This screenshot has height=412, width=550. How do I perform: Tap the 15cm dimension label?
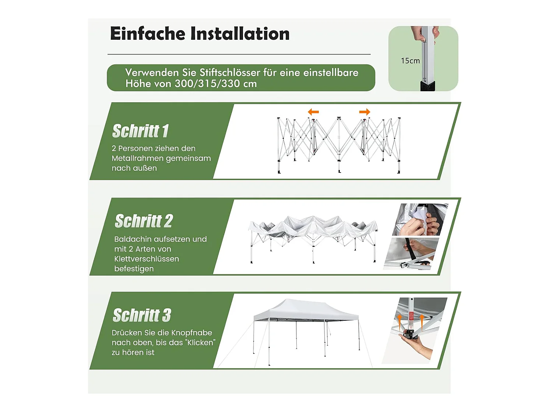(x=410, y=61)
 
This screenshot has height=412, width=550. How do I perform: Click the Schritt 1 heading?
(x=140, y=131)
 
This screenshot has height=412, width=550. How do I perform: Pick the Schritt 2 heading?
(x=144, y=221)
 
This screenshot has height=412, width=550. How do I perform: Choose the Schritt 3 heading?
(x=142, y=315)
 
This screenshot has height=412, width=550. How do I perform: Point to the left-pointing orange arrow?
(x=313, y=112)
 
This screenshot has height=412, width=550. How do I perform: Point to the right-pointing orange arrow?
(x=364, y=112)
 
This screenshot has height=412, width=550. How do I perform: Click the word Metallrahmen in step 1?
(x=137, y=158)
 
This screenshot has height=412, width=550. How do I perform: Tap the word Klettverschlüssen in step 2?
(x=147, y=259)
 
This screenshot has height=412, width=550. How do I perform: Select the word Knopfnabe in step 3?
(x=192, y=333)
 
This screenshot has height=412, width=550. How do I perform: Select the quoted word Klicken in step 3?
(x=200, y=342)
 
